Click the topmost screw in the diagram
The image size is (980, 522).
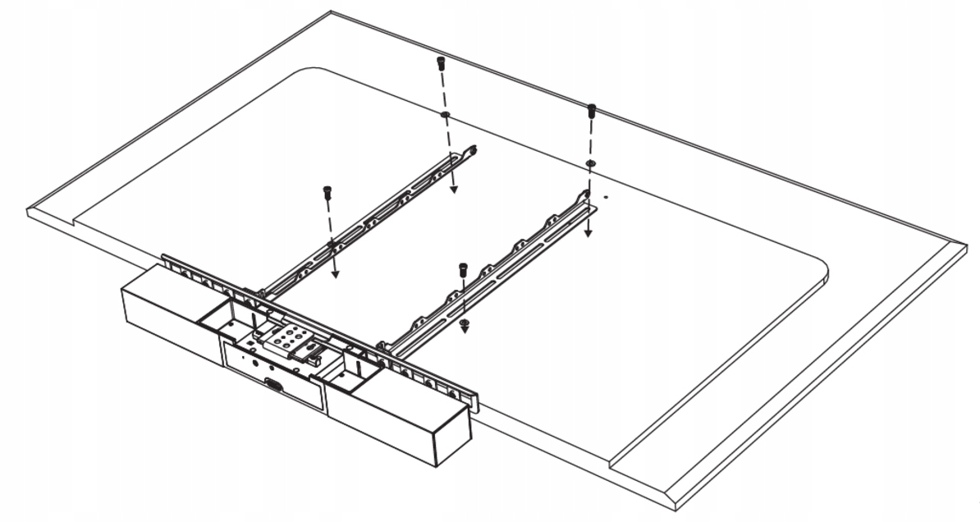coord(441,62)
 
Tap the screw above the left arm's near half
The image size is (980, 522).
coord(327,192)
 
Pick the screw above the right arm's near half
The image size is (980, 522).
coord(463,268)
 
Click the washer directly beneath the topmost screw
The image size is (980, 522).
coord(444,115)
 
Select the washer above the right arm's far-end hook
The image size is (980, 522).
coord(591,164)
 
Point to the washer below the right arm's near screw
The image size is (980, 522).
coord(465,324)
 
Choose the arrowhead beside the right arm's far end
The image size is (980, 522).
coord(588,232)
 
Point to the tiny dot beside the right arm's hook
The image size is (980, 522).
coord(605,196)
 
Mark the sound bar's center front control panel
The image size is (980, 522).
coord(271,373)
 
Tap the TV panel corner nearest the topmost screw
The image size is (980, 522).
coord(331,13)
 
